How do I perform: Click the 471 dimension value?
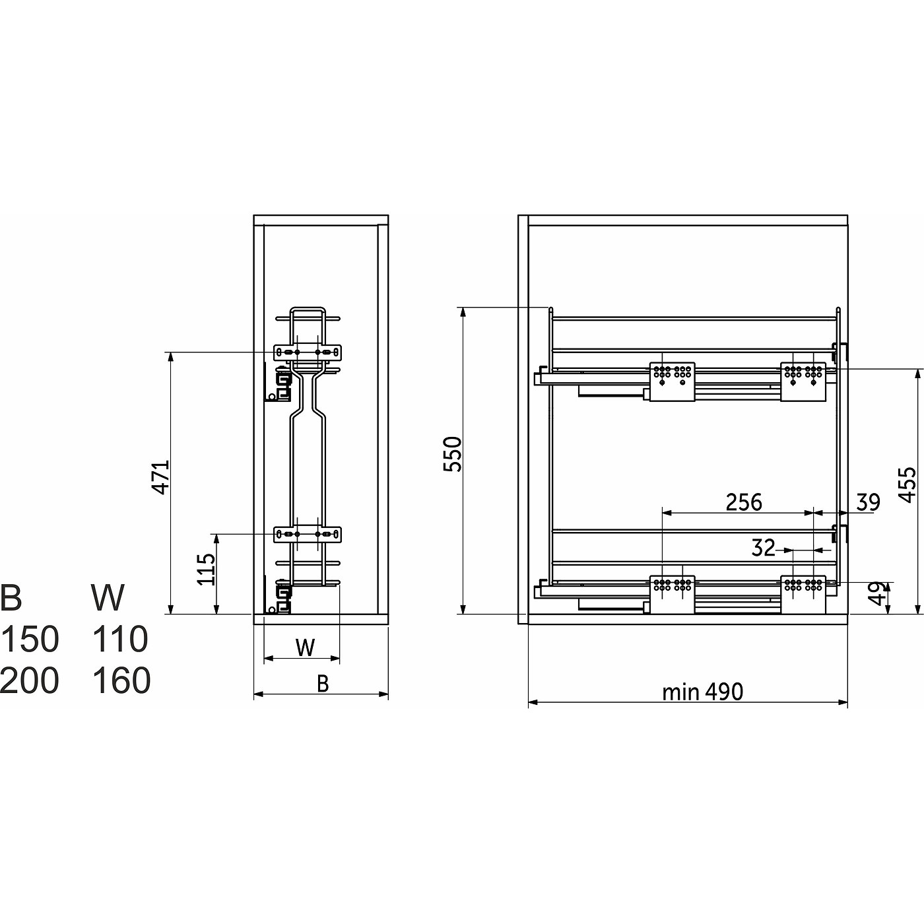coord(160,477)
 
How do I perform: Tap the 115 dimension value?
coord(206,569)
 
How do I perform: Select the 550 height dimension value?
coord(452,454)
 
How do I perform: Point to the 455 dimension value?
coord(907,485)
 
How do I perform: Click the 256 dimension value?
coord(744,502)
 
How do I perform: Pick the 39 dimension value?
coord(869,502)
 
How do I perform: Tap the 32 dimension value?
coord(764,548)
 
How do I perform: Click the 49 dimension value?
coord(878,593)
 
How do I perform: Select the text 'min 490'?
coord(702,692)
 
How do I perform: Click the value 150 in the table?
coord(30,639)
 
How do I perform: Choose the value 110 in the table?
coord(120,639)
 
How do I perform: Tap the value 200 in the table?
coord(30,680)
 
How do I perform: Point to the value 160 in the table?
coord(121,680)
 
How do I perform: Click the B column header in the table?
coord(11,597)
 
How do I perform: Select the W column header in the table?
coord(108,597)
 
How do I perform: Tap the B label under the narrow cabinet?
coord(323,684)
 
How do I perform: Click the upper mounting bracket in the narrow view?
coord(308,352)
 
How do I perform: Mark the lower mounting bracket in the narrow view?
coord(308,534)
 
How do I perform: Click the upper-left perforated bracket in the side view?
coord(672,381)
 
